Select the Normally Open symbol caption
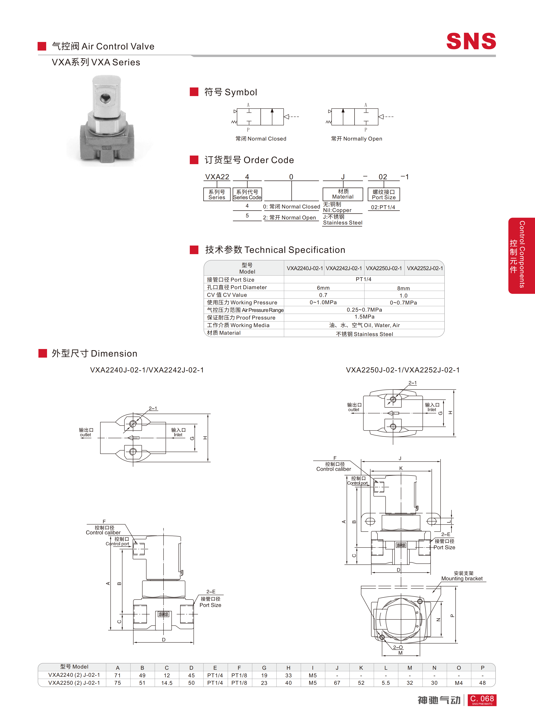(x=356, y=139)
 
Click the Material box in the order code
(x=343, y=194)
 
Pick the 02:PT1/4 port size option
(x=383, y=207)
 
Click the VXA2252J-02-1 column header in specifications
(x=425, y=268)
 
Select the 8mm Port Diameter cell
(x=404, y=288)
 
